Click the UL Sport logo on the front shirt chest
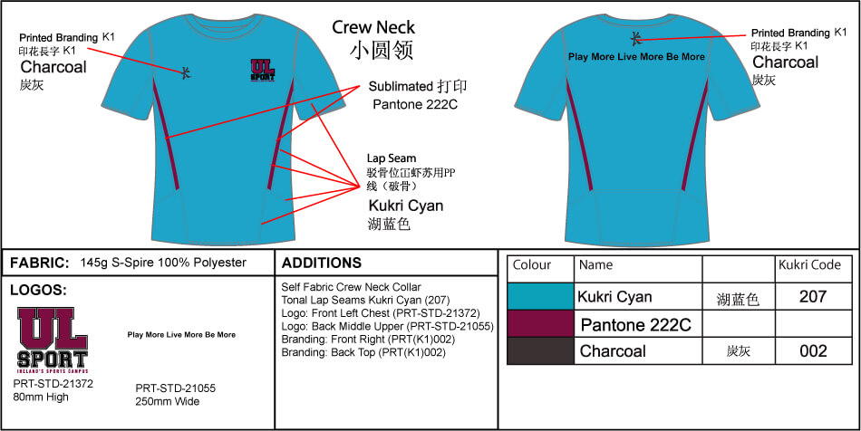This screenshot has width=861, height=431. (x=263, y=71)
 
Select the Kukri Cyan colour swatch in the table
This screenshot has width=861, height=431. (x=540, y=296)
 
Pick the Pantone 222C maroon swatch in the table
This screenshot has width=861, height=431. (x=540, y=323)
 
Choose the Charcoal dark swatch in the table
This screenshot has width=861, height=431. (x=540, y=350)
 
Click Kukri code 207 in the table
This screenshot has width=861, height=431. (x=814, y=296)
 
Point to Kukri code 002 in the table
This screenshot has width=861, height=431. (x=814, y=350)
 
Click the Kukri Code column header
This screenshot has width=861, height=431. (x=809, y=265)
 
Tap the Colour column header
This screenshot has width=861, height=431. (x=532, y=265)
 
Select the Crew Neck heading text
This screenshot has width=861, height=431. (x=373, y=28)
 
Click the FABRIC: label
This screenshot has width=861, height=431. (x=39, y=263)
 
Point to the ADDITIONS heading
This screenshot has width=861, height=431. (x=322, y=263)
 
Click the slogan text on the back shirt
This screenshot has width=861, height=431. (x=636, y=56)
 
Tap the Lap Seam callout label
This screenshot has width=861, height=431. (x=392, y=158)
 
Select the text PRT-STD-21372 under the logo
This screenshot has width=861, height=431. (x=53, y=383)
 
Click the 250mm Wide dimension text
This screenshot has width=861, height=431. (x=168, y=401)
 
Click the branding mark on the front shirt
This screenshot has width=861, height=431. (x=187, y=72)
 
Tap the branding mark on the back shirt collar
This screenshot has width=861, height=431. (x=637, y=37)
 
